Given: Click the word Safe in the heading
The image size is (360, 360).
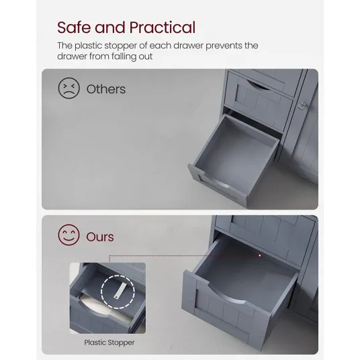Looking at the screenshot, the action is pyautogui.click(x=74, y=28).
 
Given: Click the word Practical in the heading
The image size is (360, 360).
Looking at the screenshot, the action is pyautogui.click(x=163, y=28).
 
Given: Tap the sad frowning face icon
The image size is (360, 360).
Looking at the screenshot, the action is pyautogui.click(x=69, y=88).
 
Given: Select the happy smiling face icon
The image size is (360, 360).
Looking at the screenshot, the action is pyautogui.click(x=69, y=235).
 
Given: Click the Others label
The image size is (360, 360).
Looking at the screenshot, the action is pyautogui.click(x=106, y=89).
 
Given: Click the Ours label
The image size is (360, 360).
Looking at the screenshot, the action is pyautogui.click(x=100, y=237).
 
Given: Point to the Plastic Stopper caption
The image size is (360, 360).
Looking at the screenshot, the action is pyautogui.click(x=109, y=343).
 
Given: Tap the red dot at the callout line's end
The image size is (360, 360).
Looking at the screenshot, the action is pyautogui.click(x=260, y=255).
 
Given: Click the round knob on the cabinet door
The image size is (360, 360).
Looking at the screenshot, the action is pyautogui.click(x=302, y=105).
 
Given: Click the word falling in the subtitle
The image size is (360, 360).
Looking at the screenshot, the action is pyautogui.click(x=124, y=56).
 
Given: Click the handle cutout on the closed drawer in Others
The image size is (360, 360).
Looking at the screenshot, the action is pyautogui.click(x=259, y=86).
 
